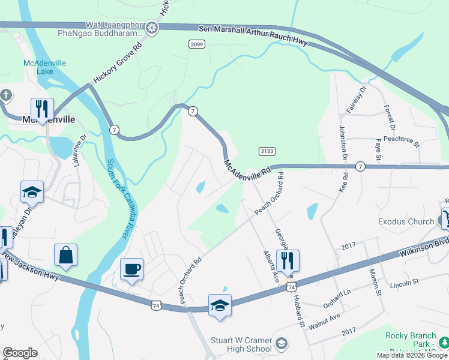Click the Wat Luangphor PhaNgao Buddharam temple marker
(x=152, y=28)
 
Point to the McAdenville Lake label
(x=44, y=67)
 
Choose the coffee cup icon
(x=131, y=269)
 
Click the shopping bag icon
(x=65, y=255)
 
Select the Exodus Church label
(x=406, y=221)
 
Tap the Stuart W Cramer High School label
(x=241, y=344)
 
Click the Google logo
(x=20, y=353)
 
